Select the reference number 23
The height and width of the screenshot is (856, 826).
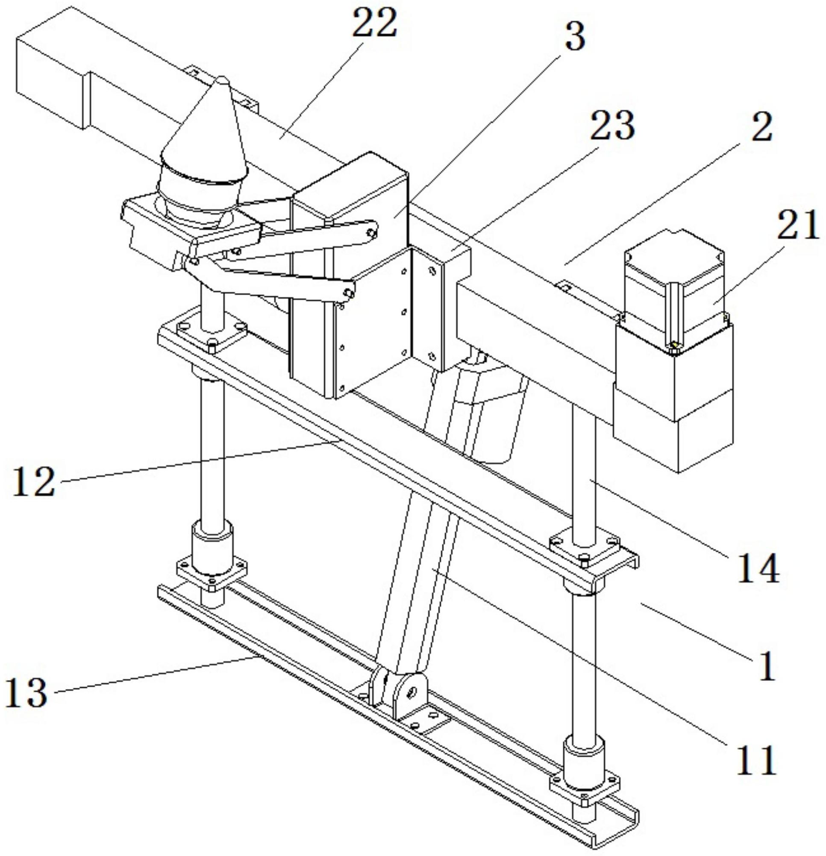point(612,126)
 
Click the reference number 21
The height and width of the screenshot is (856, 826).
point(797,225)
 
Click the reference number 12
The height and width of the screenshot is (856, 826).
point(34,482)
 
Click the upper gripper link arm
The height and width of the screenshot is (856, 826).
point(319,232)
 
